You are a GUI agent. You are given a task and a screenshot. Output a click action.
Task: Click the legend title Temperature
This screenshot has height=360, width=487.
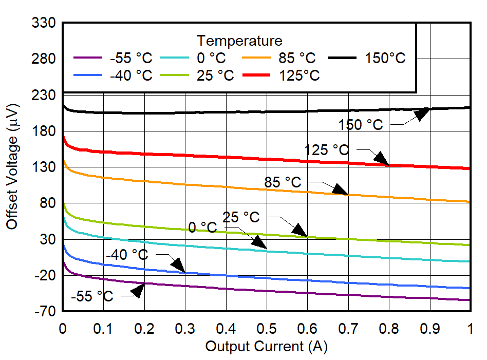[x=239, y=41]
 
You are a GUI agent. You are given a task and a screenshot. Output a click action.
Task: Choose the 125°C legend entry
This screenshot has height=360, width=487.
[x=299, y=75]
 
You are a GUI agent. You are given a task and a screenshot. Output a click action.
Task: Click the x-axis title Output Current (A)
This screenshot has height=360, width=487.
[x=266, y=347]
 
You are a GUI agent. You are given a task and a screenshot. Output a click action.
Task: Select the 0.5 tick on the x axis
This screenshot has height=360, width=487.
[x=267, y=328]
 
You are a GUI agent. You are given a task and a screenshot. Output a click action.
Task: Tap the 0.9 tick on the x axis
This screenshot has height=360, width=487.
[x=430, y=328]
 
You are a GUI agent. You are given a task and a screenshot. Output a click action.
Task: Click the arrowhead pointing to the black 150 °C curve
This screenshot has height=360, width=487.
[x=422, y=113]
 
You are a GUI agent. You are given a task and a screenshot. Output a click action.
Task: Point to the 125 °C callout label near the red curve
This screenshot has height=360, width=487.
[x=327, y=150]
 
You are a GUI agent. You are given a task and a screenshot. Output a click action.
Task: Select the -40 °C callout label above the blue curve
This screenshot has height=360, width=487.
[x=127, y=255]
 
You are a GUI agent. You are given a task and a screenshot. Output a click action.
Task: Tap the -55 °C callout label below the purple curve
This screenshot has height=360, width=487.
[x=92, y=297]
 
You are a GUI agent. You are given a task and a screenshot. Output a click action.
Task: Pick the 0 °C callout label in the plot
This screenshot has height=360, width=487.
[x=202, y=227]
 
